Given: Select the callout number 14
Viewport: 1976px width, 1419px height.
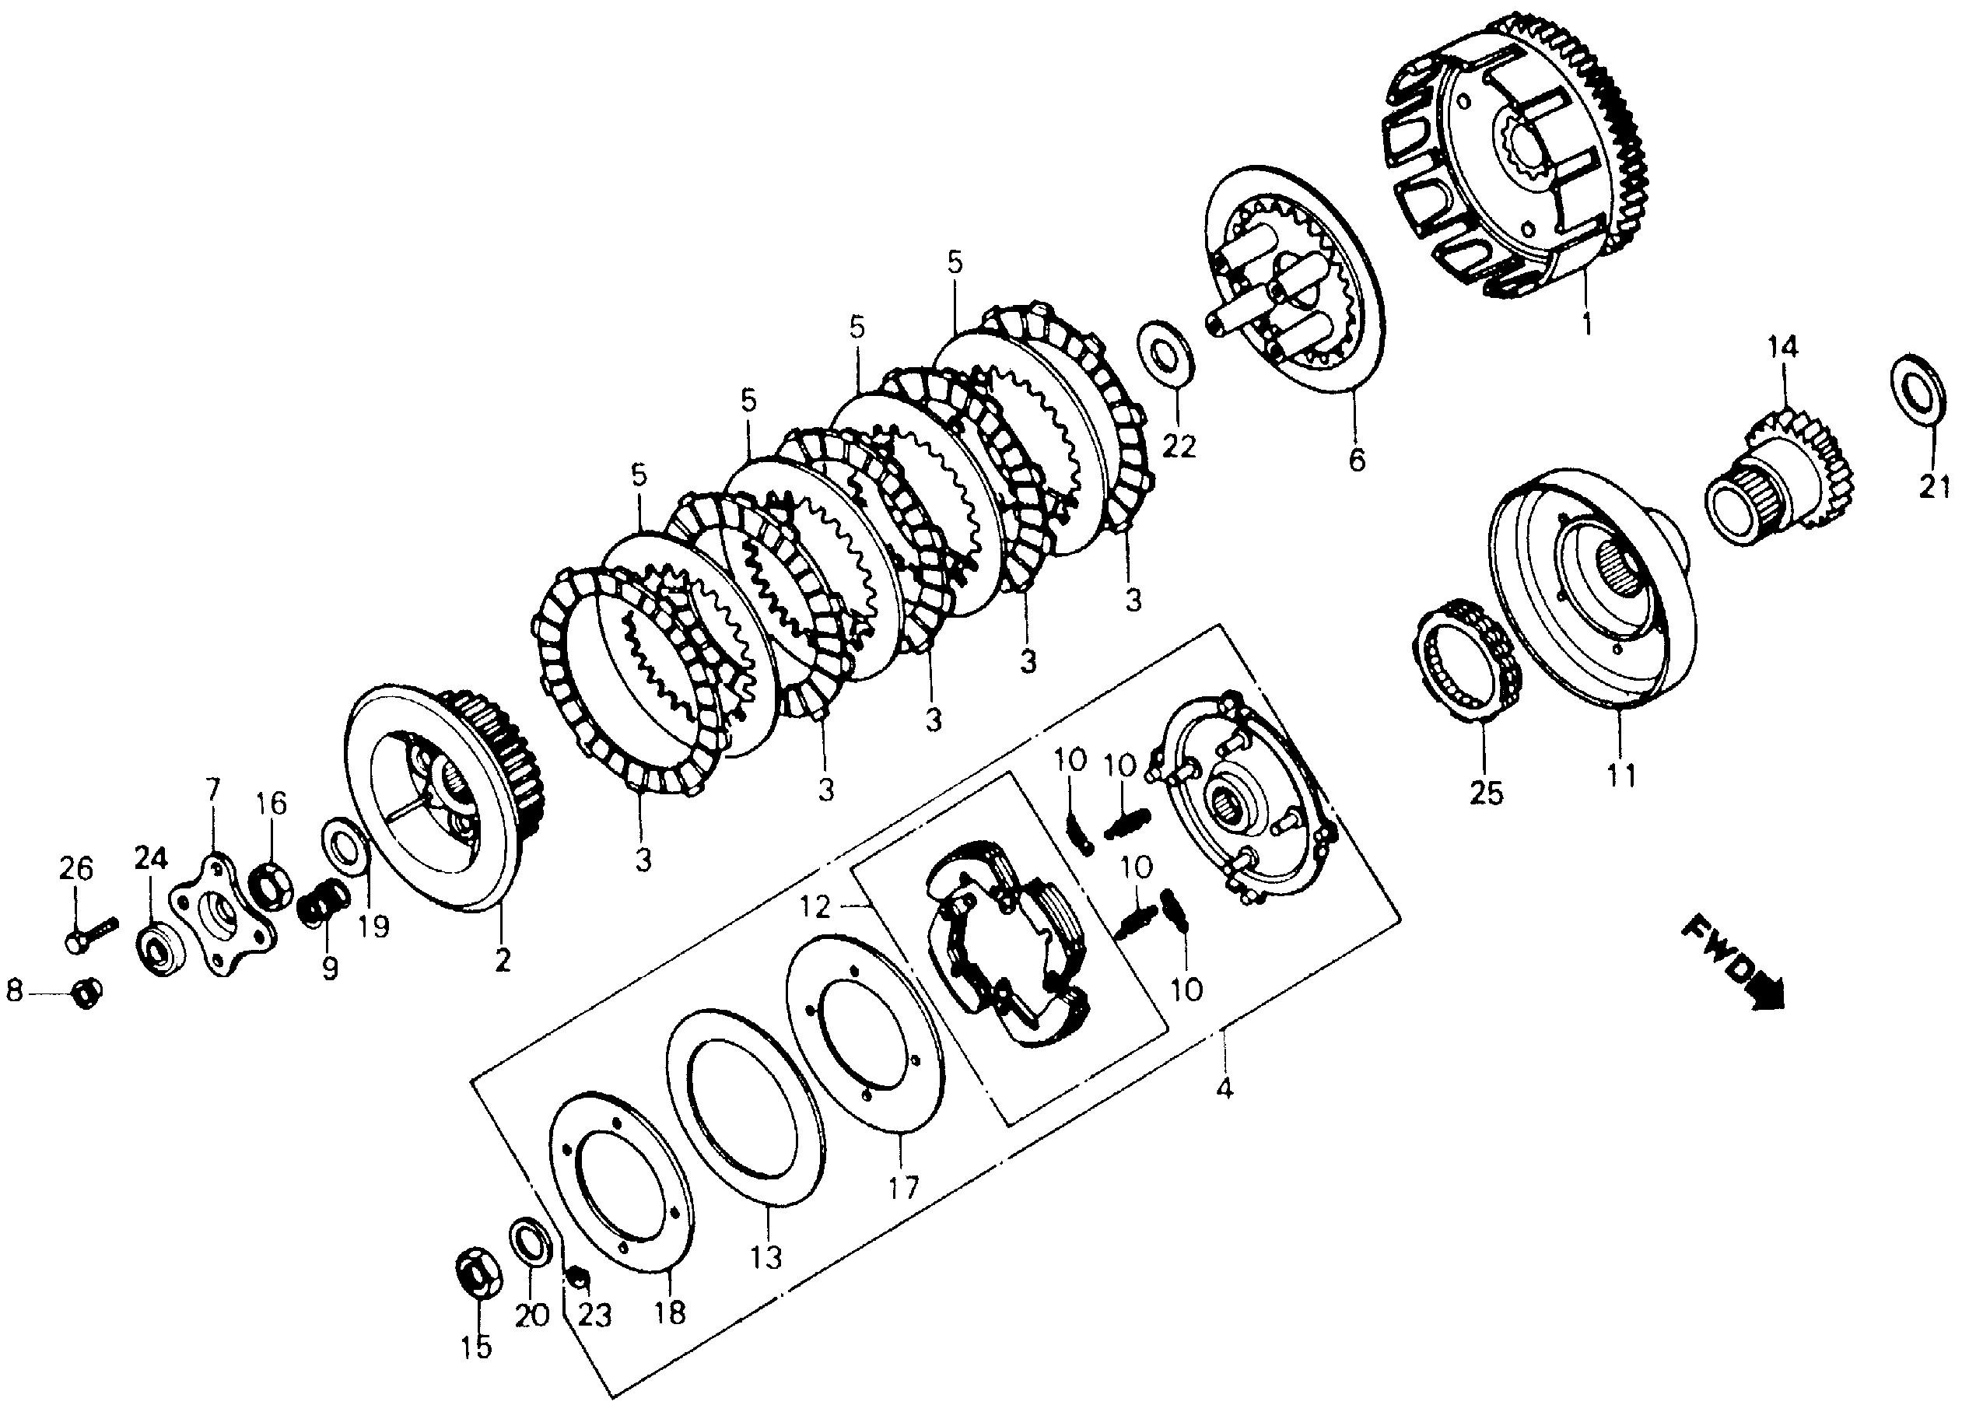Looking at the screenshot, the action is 1782,348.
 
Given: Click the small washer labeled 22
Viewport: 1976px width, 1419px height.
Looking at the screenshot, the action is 1165,352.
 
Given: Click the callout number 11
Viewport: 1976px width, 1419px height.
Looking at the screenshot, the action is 1620,774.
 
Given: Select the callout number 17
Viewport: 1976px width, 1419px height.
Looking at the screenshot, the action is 903,1186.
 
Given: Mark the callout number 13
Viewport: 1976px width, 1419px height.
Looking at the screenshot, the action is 767,1257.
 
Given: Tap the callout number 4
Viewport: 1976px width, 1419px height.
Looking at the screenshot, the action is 1224,1088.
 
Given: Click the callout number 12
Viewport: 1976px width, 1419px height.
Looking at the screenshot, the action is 816,908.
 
